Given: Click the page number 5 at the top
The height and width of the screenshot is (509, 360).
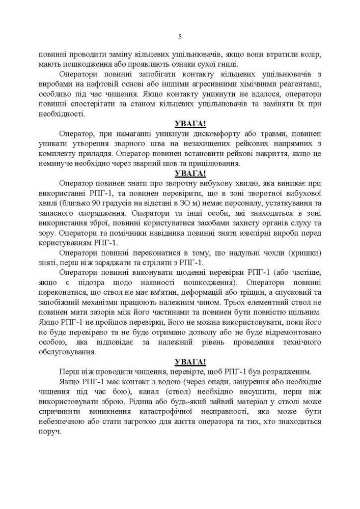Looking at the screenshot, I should tap(180, 36).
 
